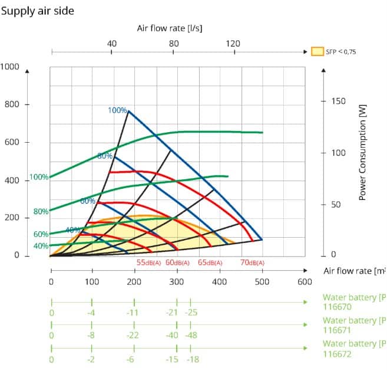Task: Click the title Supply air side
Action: point(38,11)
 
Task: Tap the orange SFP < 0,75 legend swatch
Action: point(317,51)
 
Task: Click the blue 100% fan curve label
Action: point(117,110)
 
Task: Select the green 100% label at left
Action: point(39,177)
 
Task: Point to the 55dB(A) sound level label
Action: point(148,262)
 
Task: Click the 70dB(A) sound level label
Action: point(253,262)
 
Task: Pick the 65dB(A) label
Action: point(210,262)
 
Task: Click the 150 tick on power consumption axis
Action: point(338,101)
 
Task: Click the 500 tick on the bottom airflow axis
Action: point(262,282)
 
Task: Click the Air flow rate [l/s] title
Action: point(170,28)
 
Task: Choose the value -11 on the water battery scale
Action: point(133,312)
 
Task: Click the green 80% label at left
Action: point(41,211)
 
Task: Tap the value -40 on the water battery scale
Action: point(172,336)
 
